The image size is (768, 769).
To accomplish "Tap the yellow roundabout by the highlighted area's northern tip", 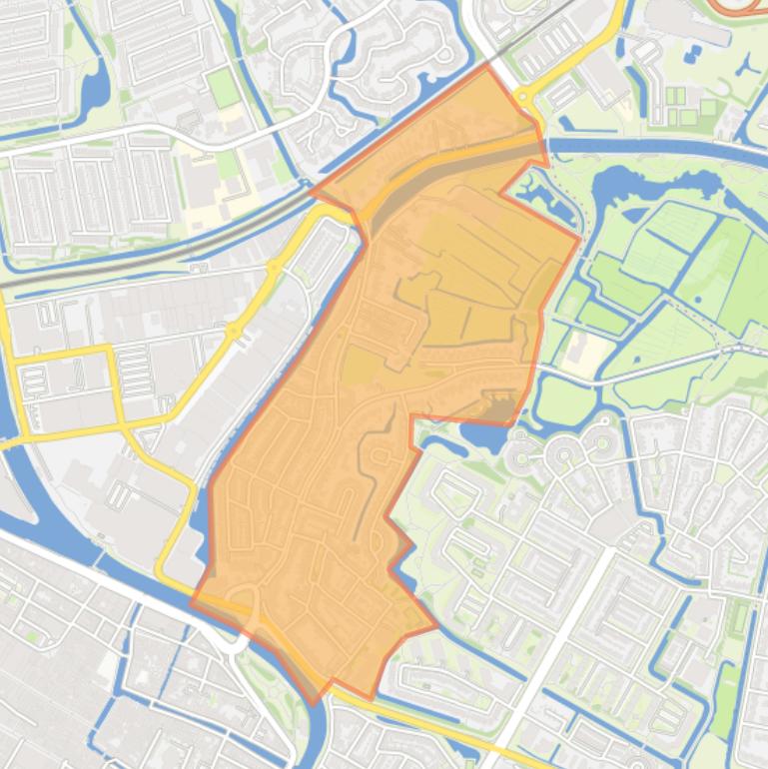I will click(x=522, y=96).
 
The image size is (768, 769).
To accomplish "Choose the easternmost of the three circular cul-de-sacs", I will click(x=603, y=439).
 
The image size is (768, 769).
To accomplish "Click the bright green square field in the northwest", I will click(x=225, y=88).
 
